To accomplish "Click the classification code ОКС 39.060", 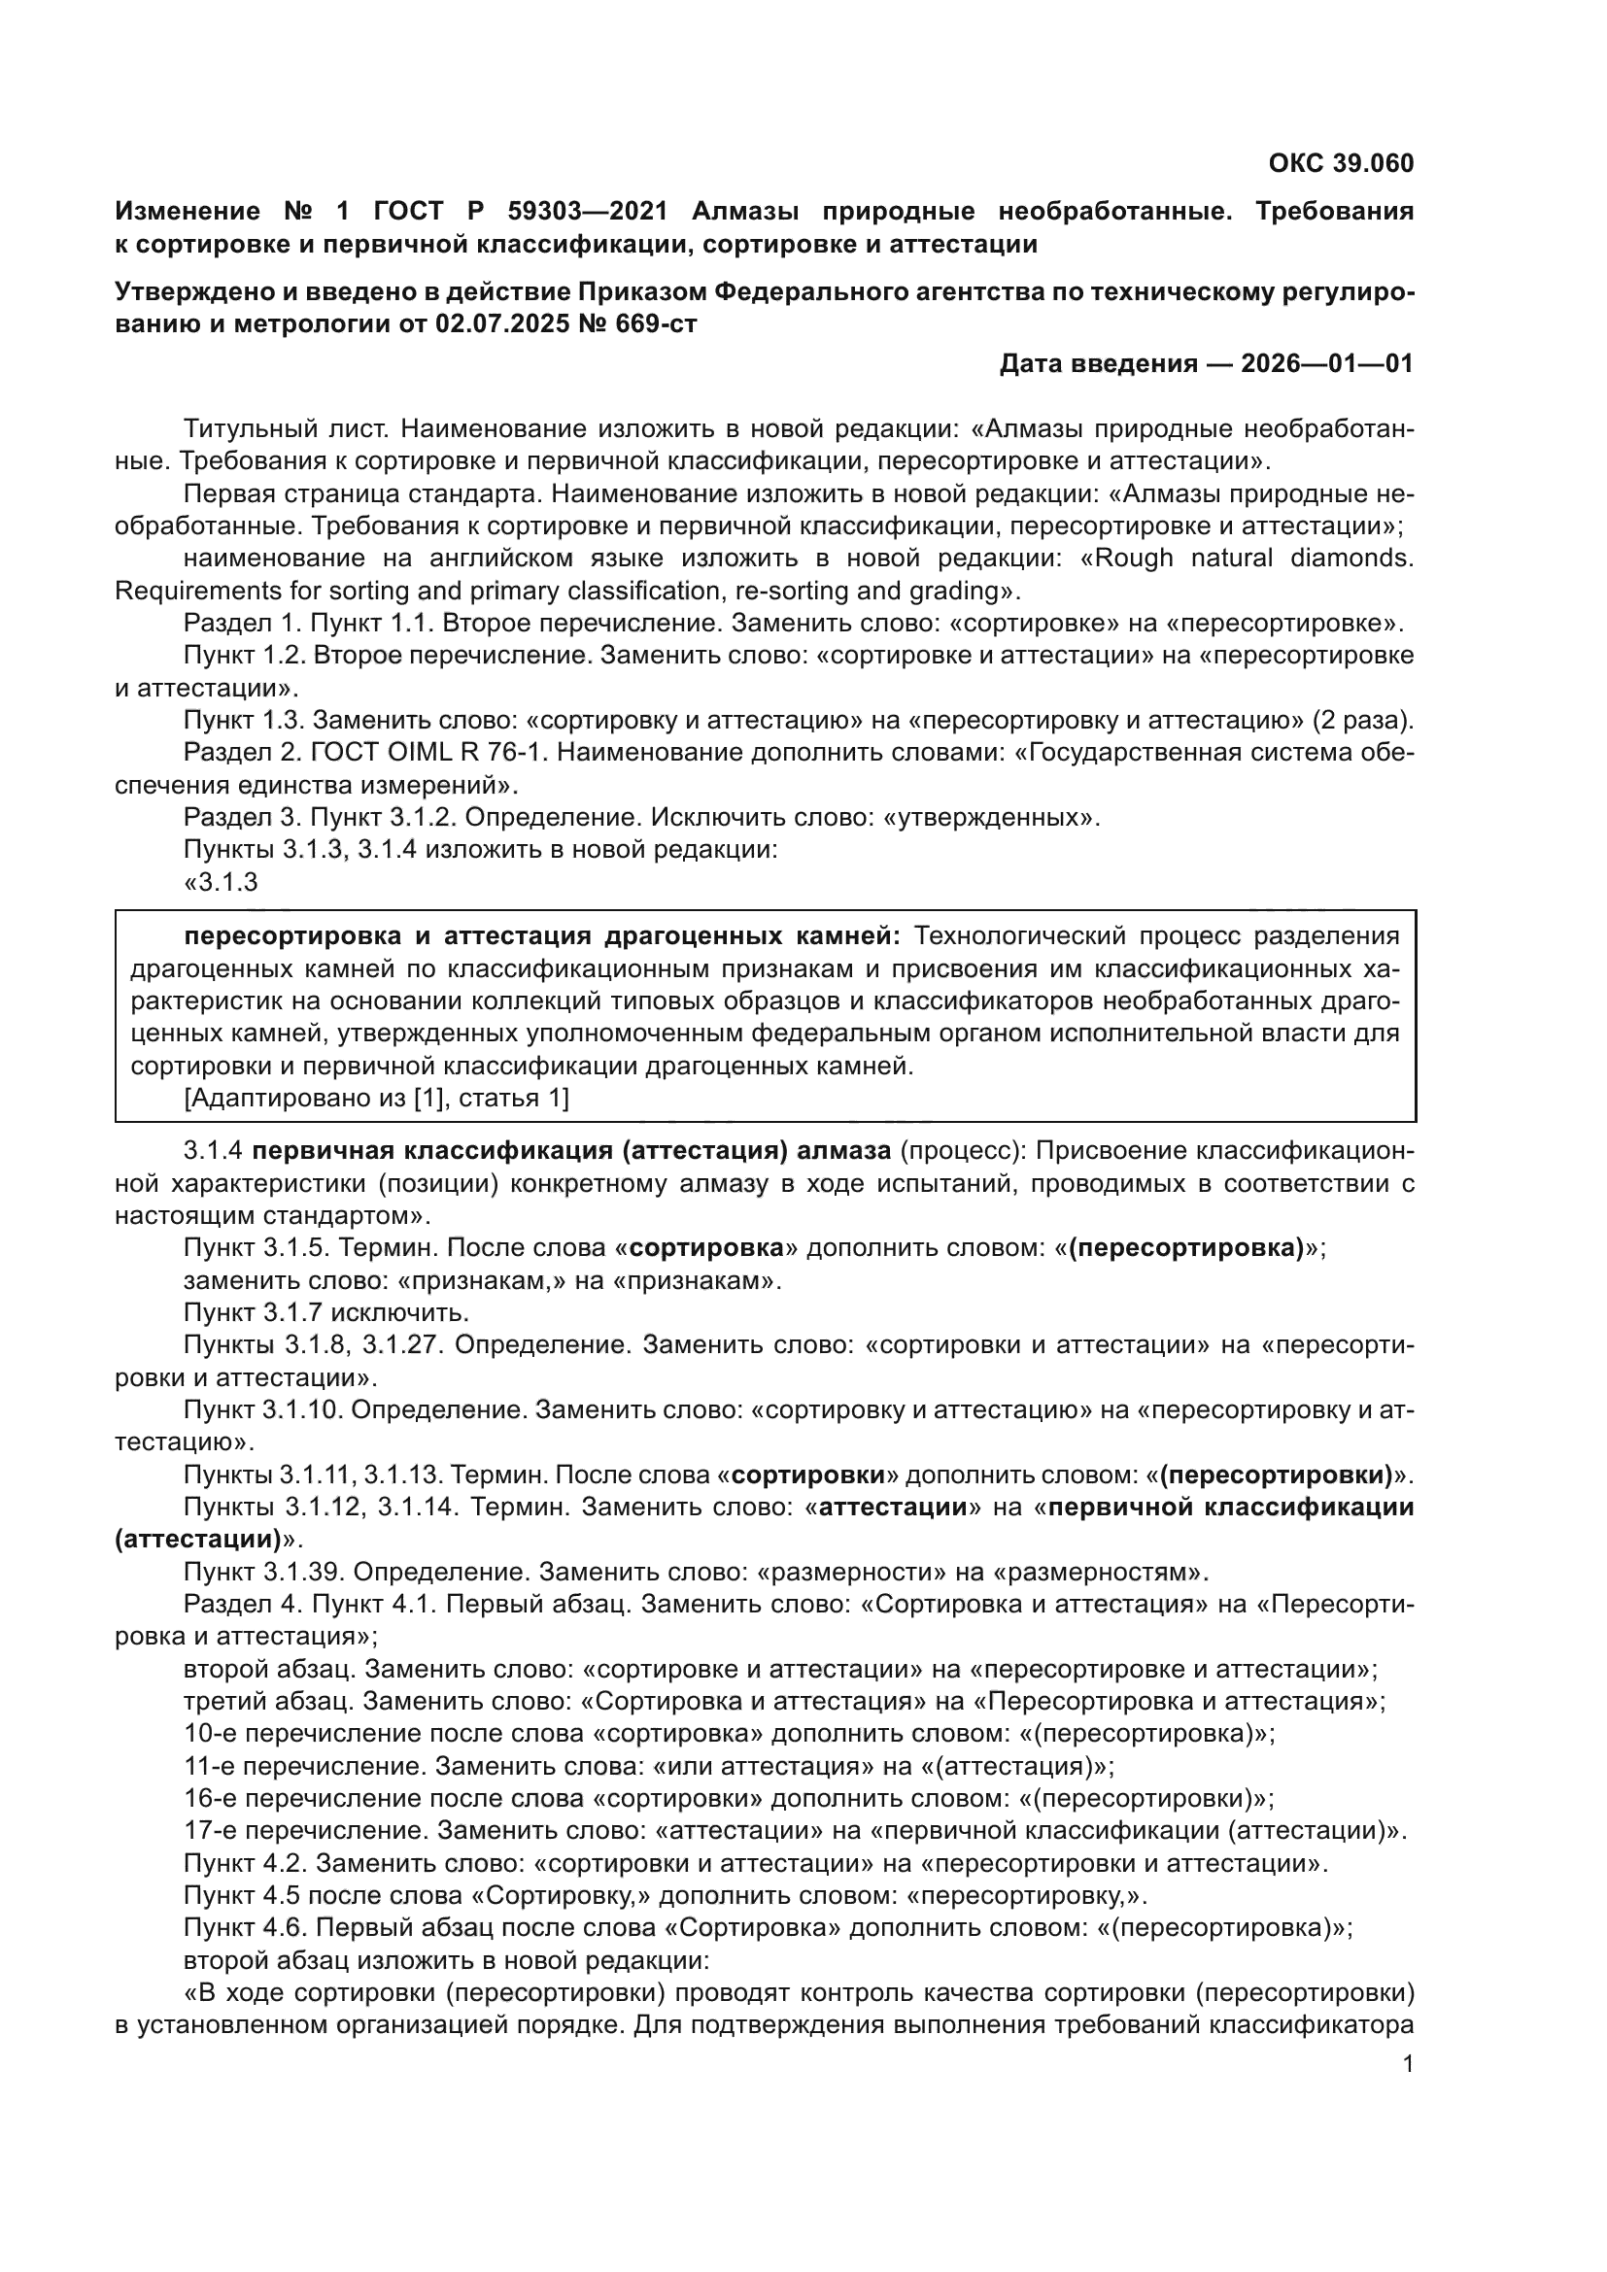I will click(x=1341, y=163).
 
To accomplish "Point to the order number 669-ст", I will click(x=653, y=323).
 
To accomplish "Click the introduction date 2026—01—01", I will click(x=1326, y=364).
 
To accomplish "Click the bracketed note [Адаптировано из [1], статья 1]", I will click(x=376, y=1098).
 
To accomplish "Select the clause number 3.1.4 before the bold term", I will click(x=213, y=1150).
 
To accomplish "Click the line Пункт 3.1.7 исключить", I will click(x=325, y=1312).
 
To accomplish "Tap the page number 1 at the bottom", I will click(x=1408, y=2064).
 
